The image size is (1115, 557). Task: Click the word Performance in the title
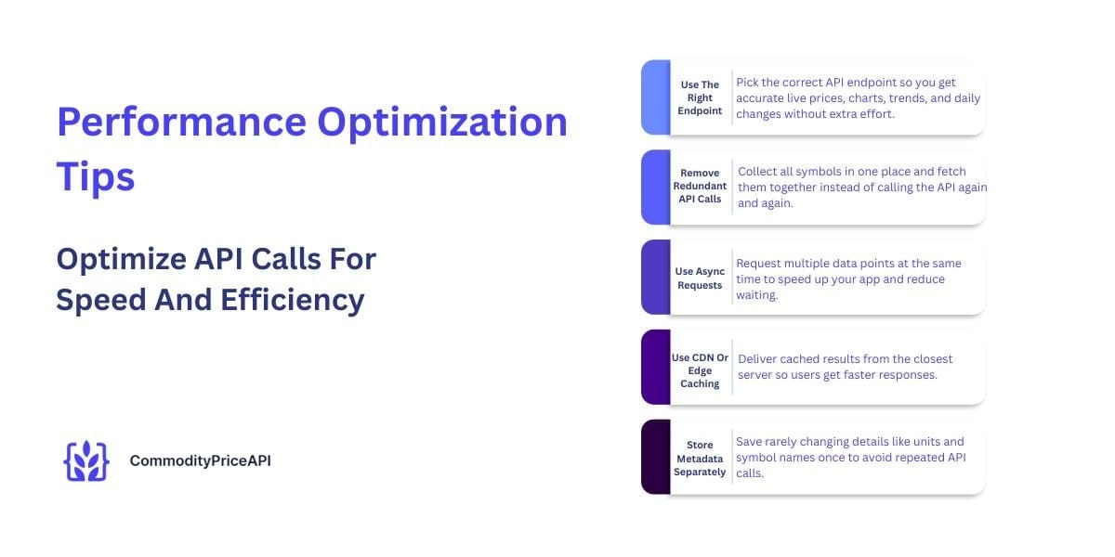point(182,122)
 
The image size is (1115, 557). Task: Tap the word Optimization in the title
point(442,122)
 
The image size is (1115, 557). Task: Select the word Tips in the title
point(96,176)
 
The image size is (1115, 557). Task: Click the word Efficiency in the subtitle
point(292,300)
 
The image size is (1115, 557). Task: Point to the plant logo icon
point(86,461)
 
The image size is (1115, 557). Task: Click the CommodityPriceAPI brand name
point(200,461)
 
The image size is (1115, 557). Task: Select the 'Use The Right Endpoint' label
point(700,97)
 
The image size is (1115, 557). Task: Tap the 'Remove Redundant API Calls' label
point(700,186)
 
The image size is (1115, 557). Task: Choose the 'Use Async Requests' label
point(700,278)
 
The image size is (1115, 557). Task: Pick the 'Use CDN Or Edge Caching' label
point(700,370)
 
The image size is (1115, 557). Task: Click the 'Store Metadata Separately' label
point(700,458)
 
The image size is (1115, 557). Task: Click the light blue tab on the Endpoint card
point(656,97)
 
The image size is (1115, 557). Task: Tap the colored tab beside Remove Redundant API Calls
point(656,187)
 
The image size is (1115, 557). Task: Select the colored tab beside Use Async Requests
point(656,277)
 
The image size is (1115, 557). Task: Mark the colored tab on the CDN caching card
point(656,367)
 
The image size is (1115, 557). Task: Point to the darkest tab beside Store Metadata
point(656,457)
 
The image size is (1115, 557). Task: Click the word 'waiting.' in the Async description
point(756,295)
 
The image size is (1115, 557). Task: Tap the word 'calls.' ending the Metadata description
point(750,473)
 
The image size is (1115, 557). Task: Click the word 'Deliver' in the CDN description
point(756,359)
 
